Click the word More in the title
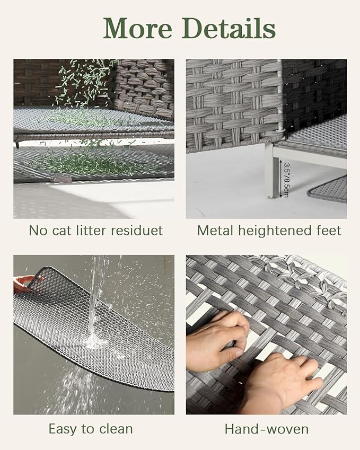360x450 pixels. [x=138, y=28]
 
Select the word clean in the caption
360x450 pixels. [x=116, y=429]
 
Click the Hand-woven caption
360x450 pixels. [x=266, y=429]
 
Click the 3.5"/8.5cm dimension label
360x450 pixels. [x=286, y=180]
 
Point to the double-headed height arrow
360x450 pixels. [x=280, y=179]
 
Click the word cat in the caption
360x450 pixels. [x=62, y=231]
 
